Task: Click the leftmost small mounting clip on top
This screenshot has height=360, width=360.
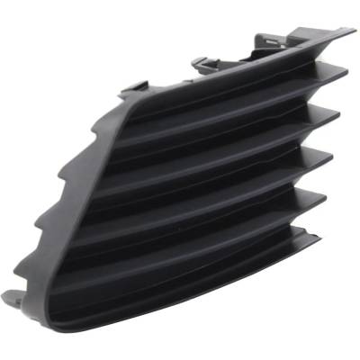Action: (x=133, y=86)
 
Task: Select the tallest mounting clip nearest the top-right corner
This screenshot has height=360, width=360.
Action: (x=269, y=40)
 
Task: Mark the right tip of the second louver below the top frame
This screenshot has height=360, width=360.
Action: (x=337, y=113)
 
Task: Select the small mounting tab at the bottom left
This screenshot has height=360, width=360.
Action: (x=11, y=300)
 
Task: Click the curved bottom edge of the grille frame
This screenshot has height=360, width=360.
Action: (x=180, y=315)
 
